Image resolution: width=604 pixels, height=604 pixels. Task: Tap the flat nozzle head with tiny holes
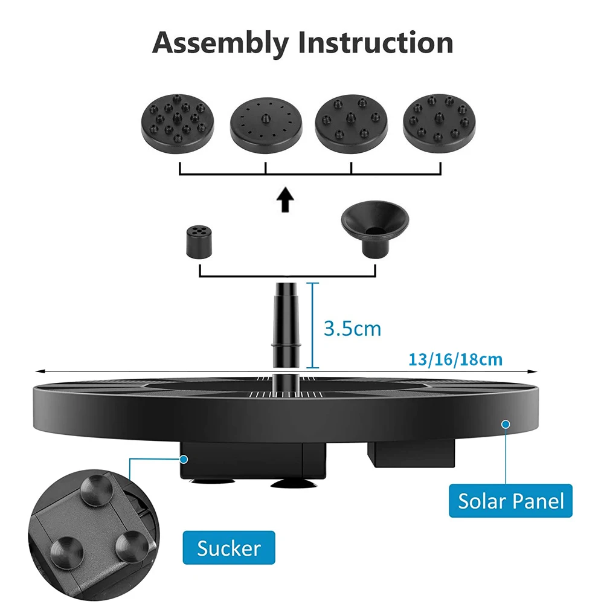[x=266, y=123]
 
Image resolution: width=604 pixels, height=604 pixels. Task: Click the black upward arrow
[x=286, y=200]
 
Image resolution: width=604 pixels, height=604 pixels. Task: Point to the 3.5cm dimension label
[x=353, y=329]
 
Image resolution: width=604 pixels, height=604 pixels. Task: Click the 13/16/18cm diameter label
[x=455, y=360]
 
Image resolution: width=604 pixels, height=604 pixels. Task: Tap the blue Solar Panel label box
[x=510, y=501]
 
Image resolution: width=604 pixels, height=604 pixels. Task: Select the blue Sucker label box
[x=229, y=548]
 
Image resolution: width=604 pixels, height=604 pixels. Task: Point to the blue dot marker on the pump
[x=183, y=460]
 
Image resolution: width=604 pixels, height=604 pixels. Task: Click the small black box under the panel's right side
[x=410, y=453]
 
